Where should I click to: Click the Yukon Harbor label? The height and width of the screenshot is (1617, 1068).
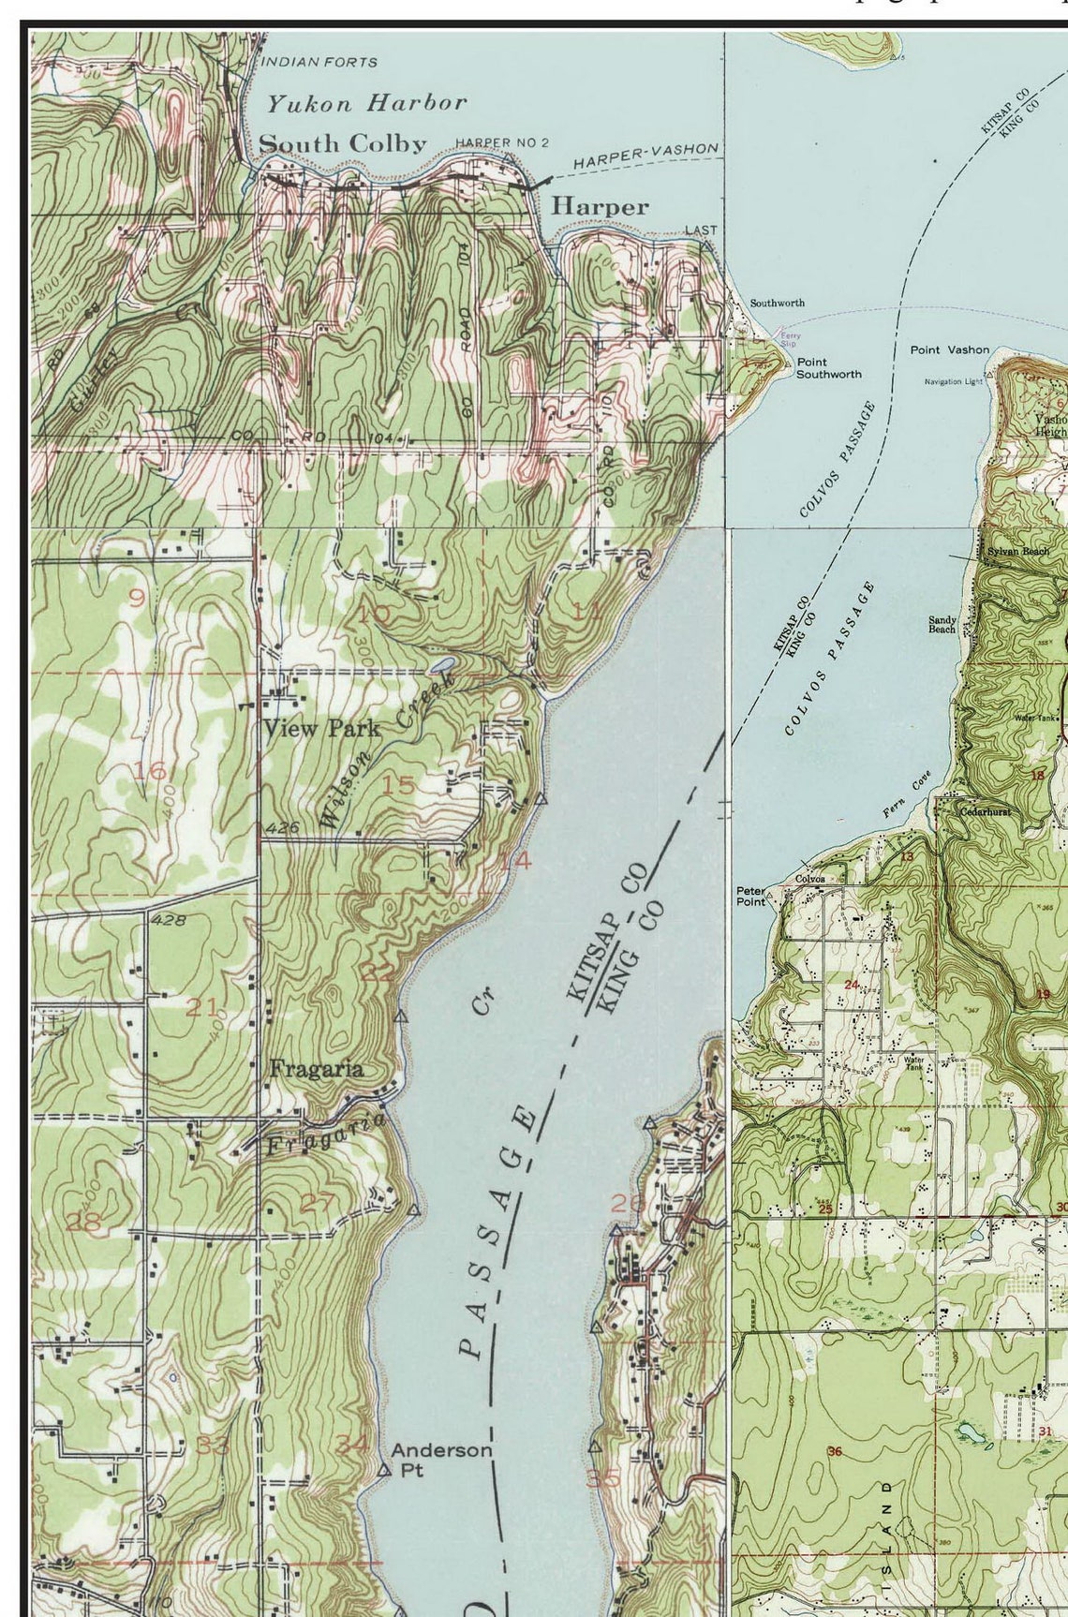tap(366, 103)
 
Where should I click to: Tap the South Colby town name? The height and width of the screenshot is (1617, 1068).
tap(342, 143)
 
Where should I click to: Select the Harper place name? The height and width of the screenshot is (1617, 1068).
tap(600, 206)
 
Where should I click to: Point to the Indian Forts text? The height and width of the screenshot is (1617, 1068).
tap(319, 62)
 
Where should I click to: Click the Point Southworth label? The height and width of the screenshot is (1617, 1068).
tap(828, 367)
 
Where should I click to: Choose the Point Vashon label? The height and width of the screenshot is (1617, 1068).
tap(949, 349)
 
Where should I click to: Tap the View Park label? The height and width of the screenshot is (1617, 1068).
tap(321, 728)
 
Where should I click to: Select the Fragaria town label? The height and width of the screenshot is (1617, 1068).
tap(316, 1068)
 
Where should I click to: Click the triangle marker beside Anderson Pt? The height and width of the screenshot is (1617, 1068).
tap(383, 1470)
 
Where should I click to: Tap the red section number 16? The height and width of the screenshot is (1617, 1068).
tap(149, 771)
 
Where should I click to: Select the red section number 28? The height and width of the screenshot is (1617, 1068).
tap(83, 1222)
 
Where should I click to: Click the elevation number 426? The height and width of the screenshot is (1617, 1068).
tap(282, 827)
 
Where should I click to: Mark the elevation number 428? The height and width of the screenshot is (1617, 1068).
tap(168, 920)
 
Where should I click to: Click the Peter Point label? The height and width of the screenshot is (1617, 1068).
tap(750, 896)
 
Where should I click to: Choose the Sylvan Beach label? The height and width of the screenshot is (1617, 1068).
tap(1017, 551)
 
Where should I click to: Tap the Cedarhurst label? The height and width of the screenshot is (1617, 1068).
tap(986, 811)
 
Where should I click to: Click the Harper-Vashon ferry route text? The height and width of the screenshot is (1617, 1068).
tap(645, 156)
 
